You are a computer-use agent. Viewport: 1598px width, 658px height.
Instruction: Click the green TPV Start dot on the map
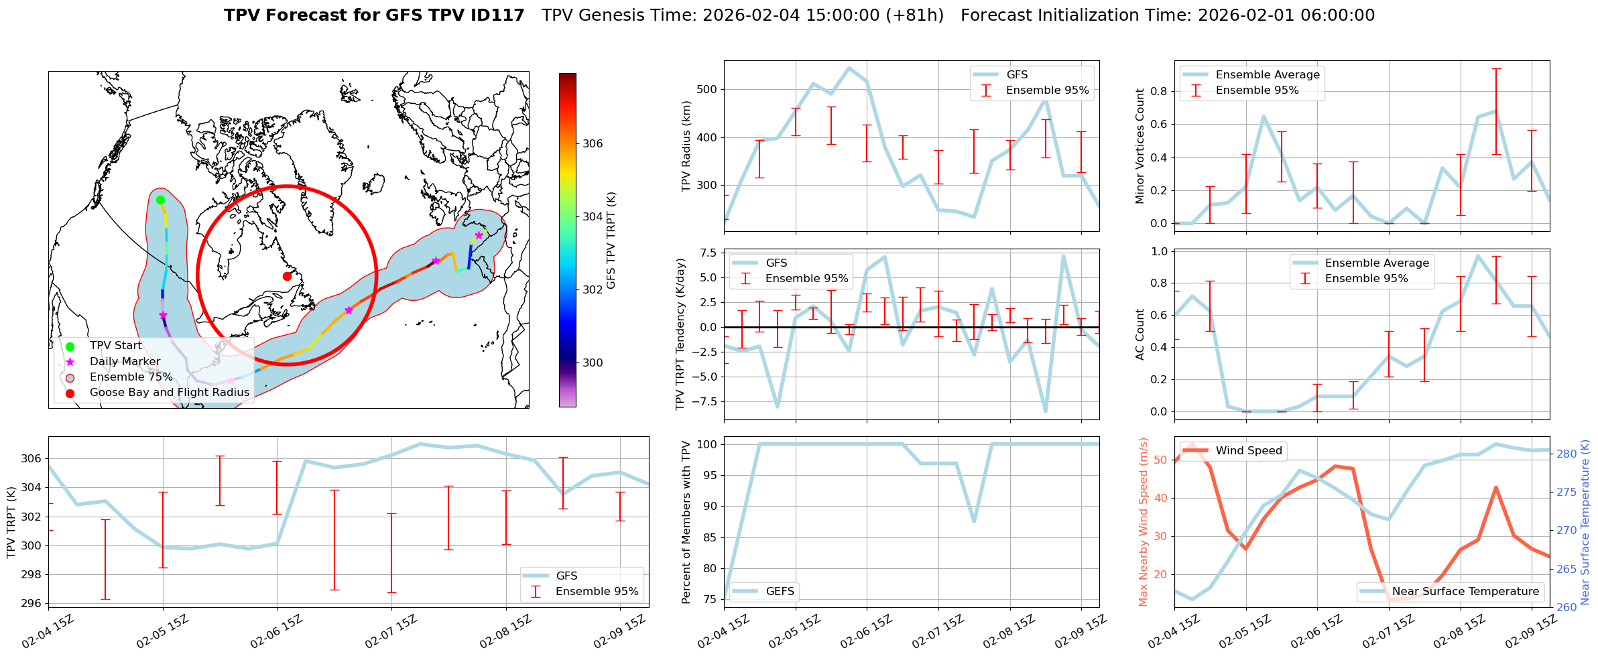(x=160, y=200)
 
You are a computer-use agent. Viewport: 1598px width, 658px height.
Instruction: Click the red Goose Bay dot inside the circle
(x=287, y=276)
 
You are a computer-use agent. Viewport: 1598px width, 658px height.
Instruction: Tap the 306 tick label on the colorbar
(x=593, y=143)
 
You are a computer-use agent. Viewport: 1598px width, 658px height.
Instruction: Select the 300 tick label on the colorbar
(x=593, y=363)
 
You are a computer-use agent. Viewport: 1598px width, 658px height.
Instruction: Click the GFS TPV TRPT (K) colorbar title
(x=611, y=240)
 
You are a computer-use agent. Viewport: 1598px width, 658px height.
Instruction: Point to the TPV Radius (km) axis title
(x=686, y=146)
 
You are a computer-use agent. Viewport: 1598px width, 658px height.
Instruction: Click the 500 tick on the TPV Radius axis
(x=707, y=89)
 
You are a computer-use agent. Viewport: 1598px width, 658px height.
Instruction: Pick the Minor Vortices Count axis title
(x=1140, y=146)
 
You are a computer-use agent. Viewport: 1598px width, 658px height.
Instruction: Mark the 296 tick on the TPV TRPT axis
(x=32, y=603)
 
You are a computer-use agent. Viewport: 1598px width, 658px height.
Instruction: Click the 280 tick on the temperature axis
(x=1566, y=454)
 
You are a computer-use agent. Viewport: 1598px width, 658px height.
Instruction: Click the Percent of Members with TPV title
(x=686, y=522)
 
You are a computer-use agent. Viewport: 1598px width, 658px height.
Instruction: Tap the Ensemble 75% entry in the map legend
(x=131, y=377)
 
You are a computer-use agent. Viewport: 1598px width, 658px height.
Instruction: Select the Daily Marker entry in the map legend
(x=125, y=361)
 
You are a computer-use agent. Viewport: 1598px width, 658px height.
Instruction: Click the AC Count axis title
(x=1140, y=334)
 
